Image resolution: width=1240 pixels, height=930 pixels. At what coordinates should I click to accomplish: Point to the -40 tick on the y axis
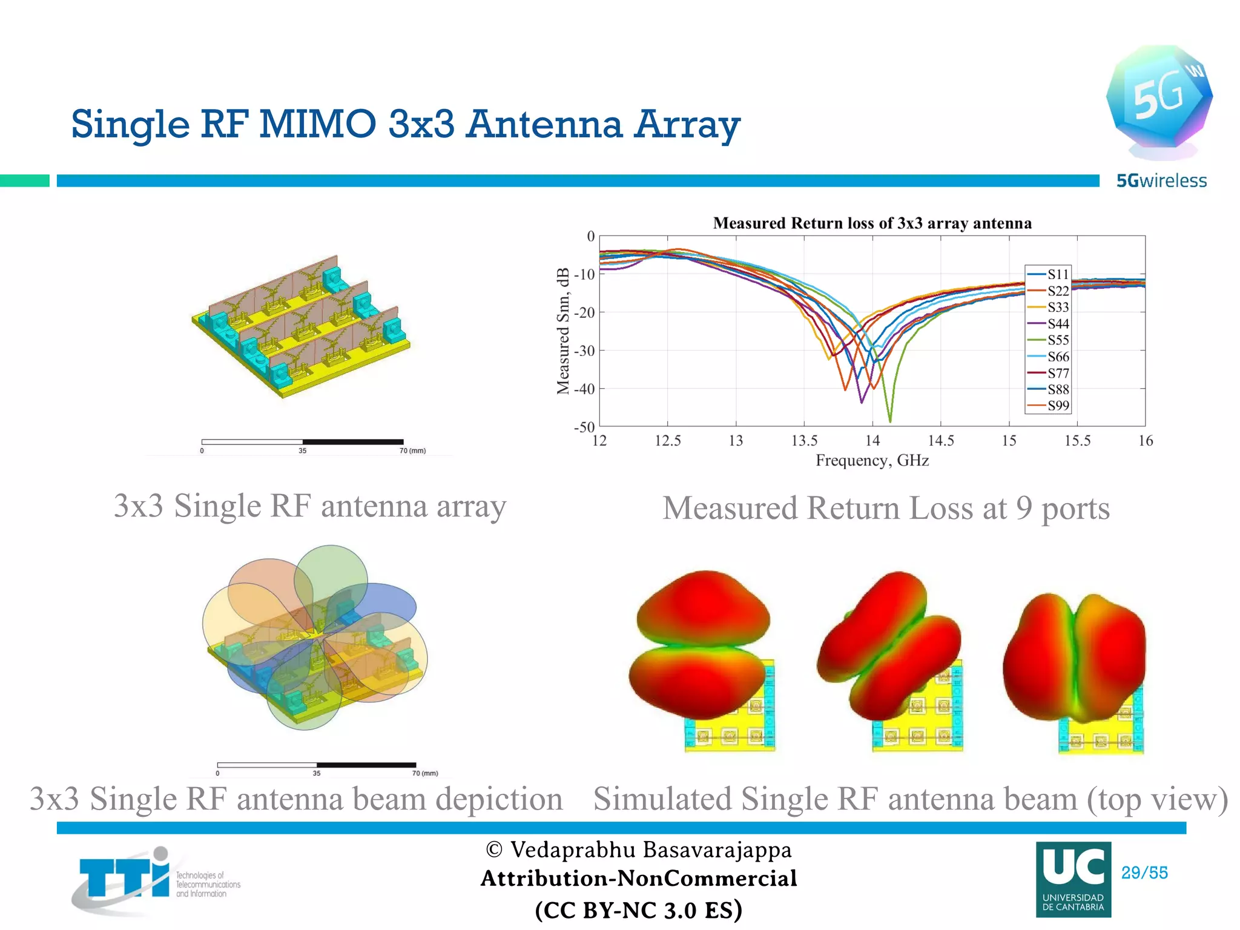pyautogui.click(x=584, y=389)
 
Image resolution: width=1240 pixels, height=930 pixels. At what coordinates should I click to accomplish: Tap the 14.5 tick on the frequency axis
pyautogui.click(x=940, y=441)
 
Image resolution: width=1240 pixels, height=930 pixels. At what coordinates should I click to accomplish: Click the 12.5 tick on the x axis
pyautogui.click(x=667, y=441)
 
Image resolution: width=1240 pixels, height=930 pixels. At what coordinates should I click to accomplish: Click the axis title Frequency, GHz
pyautogui.click(x=872, y=461)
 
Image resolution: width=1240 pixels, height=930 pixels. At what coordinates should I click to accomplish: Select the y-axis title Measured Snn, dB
pyautogui.click(x=563, y=331)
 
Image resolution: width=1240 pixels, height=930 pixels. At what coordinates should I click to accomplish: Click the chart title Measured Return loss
pyautogui.click(x=872, y=223)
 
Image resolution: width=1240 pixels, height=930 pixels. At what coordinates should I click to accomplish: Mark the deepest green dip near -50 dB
pyautogui.click(x=889, y=419)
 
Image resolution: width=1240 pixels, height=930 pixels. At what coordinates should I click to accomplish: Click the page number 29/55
pyautogui.click(x=1144, y=872)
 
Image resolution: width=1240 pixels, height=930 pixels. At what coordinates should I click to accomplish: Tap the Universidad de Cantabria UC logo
pyautogui.click(x=1073, y=879)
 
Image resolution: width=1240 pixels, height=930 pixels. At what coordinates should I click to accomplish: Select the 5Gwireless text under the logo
pyautogui.click(x=1161, y=180)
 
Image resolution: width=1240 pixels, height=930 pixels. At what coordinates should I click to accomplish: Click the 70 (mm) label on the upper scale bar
pyautogui.click(x=412, y=450)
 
